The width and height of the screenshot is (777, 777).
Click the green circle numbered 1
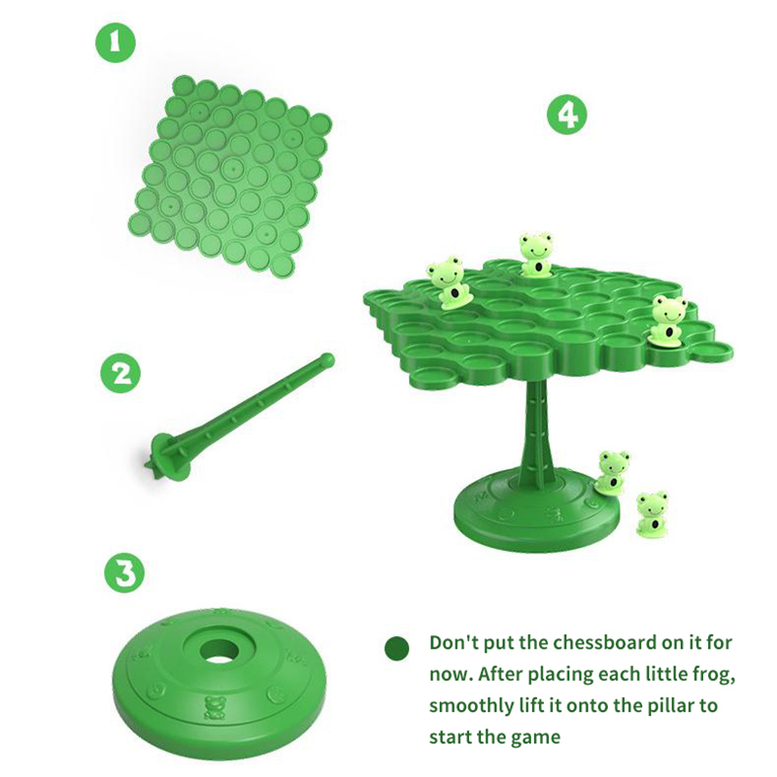pos(115,43)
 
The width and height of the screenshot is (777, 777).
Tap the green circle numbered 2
pos(120,373)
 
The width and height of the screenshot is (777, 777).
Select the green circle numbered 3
pos(124,572)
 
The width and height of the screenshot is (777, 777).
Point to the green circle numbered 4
pos(567,115)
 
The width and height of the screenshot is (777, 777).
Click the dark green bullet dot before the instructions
pos(397,648)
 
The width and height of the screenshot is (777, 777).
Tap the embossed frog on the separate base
pos(214,708)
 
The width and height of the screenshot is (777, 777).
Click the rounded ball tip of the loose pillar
pos(327,359)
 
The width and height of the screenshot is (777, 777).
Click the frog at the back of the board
pos(536,253)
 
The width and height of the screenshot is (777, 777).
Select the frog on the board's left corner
pos(449,283)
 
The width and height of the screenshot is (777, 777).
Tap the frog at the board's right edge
pos(668,321)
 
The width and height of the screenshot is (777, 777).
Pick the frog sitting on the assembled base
pos(612,473)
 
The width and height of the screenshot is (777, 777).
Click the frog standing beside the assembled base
pos(652,514)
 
